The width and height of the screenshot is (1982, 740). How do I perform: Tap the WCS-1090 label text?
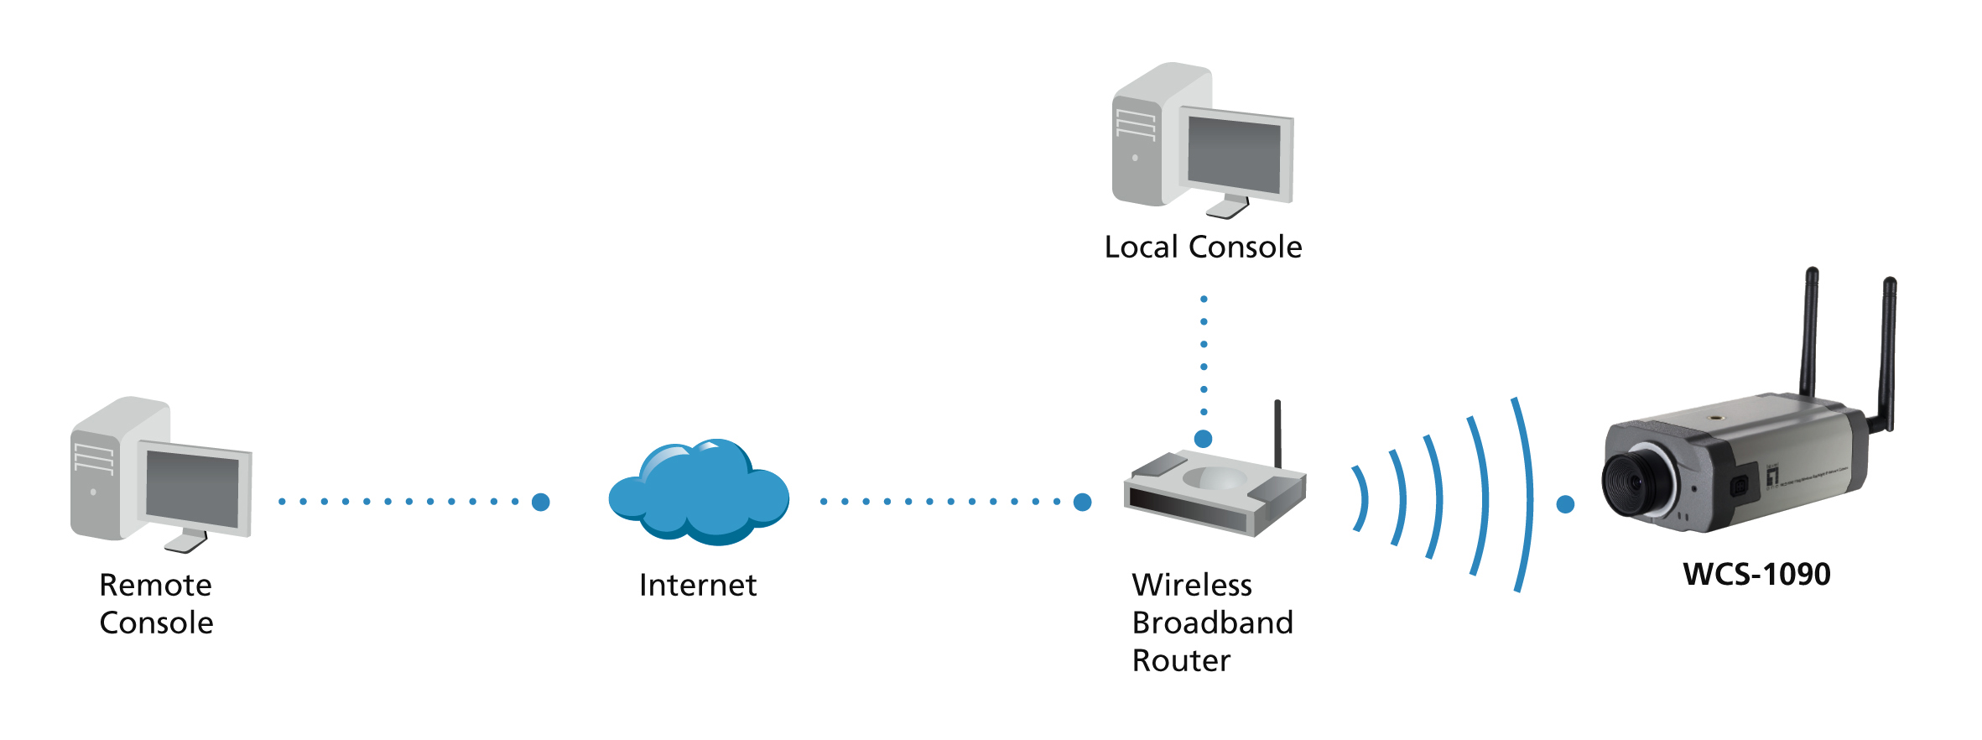coord(1756,575)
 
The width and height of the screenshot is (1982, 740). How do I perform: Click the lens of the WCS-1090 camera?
coord(1631,482)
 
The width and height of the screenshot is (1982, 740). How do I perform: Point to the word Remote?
coord(155,585)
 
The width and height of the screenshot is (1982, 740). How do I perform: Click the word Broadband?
coord(1212,623)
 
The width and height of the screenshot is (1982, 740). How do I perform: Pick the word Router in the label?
coord(1181,661)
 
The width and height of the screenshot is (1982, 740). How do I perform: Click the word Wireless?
coord(1191,585)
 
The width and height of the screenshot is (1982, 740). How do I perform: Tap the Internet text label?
coord(698,585)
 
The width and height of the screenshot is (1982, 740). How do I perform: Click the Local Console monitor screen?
coord(1234,154)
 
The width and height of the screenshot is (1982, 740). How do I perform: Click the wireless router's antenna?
coord(1277,433)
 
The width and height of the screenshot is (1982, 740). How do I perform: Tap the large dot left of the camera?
coord(1565,504)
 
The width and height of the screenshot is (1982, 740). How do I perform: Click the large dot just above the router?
coord(1203,439)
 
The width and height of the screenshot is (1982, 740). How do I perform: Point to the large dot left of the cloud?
coord(541,502)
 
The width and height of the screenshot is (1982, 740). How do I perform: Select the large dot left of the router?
coord(1083,502)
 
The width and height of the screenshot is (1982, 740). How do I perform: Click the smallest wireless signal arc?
coord(1361,499)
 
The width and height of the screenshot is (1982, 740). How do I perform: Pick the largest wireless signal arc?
coord(1528,495)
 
